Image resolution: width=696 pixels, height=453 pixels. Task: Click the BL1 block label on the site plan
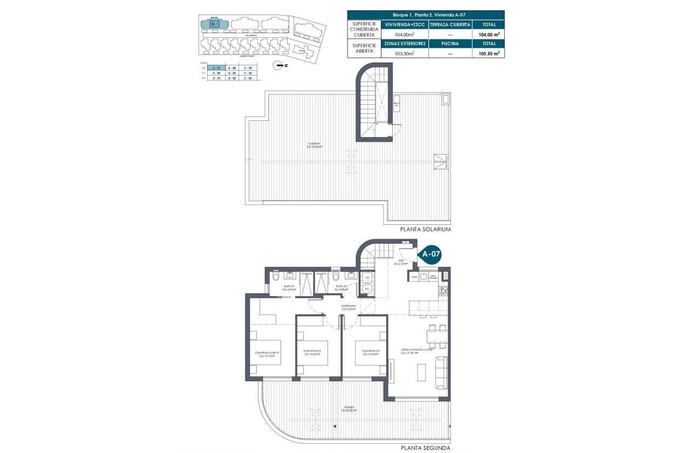pyautogui.click(x=214, y=24)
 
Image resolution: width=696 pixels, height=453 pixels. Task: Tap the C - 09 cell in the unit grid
pyautogui.click(x=248, y=68)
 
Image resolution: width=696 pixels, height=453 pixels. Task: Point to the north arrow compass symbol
pyautogui.click(x=278, y=66)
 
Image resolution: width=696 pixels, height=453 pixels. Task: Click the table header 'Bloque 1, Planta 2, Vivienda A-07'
pyautogui.click(x=426, y=15)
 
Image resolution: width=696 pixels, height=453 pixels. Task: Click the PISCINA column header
pyautogui.click(x=450, y=44)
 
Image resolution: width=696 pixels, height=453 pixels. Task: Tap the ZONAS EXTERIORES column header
pyautogui.click(x=405, y=44)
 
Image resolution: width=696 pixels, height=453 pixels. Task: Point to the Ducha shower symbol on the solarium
pyautogui.click(x=441, y=161)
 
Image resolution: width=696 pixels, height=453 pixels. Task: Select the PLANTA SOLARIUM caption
pyautogui.click(x=425, y=229)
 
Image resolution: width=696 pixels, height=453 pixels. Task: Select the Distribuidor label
pyautogui.click(x=349, y=307)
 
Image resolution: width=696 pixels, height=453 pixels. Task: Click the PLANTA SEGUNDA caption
pyautogui.click(x=425, y=448)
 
